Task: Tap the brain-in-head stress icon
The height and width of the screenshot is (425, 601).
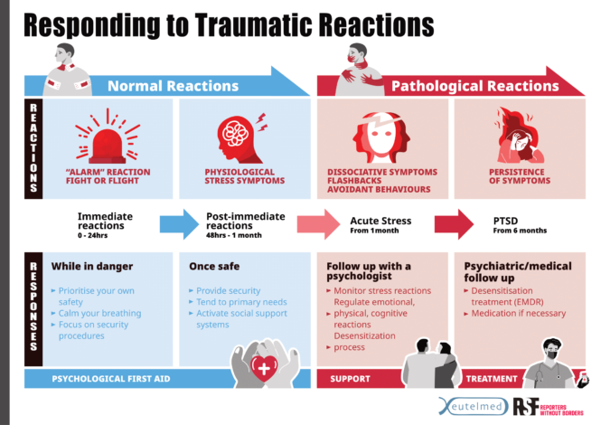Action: click(x=239, y=136)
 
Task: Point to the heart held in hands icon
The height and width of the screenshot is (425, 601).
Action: click(x=265, y=364)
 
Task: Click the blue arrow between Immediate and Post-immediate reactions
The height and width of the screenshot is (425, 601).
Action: click(x=177, y=223)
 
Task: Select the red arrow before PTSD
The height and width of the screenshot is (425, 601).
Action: click(x=454, y=223)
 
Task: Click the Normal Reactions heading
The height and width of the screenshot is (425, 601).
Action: click(x=173, y=86)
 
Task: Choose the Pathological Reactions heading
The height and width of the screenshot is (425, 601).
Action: click(x=475, y=86)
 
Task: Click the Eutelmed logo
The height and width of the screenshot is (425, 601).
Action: click(x=473, y=407)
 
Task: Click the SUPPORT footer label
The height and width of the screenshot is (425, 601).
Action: click(x=350, y=378)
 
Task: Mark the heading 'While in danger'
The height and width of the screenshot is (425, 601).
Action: click(x=92, y=267)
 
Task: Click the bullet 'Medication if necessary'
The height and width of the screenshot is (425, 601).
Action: click(x=519, y=313)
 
